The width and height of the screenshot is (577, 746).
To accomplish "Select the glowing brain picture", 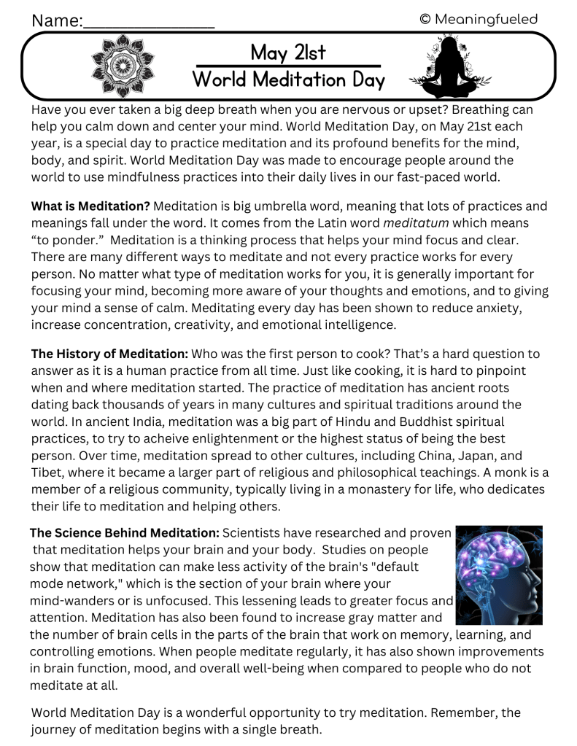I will (499, 566).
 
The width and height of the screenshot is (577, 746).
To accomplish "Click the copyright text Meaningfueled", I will (479, 18).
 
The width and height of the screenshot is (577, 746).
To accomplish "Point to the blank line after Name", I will (149, 22).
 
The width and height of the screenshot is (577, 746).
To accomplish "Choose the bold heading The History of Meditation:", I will (109, 354).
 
